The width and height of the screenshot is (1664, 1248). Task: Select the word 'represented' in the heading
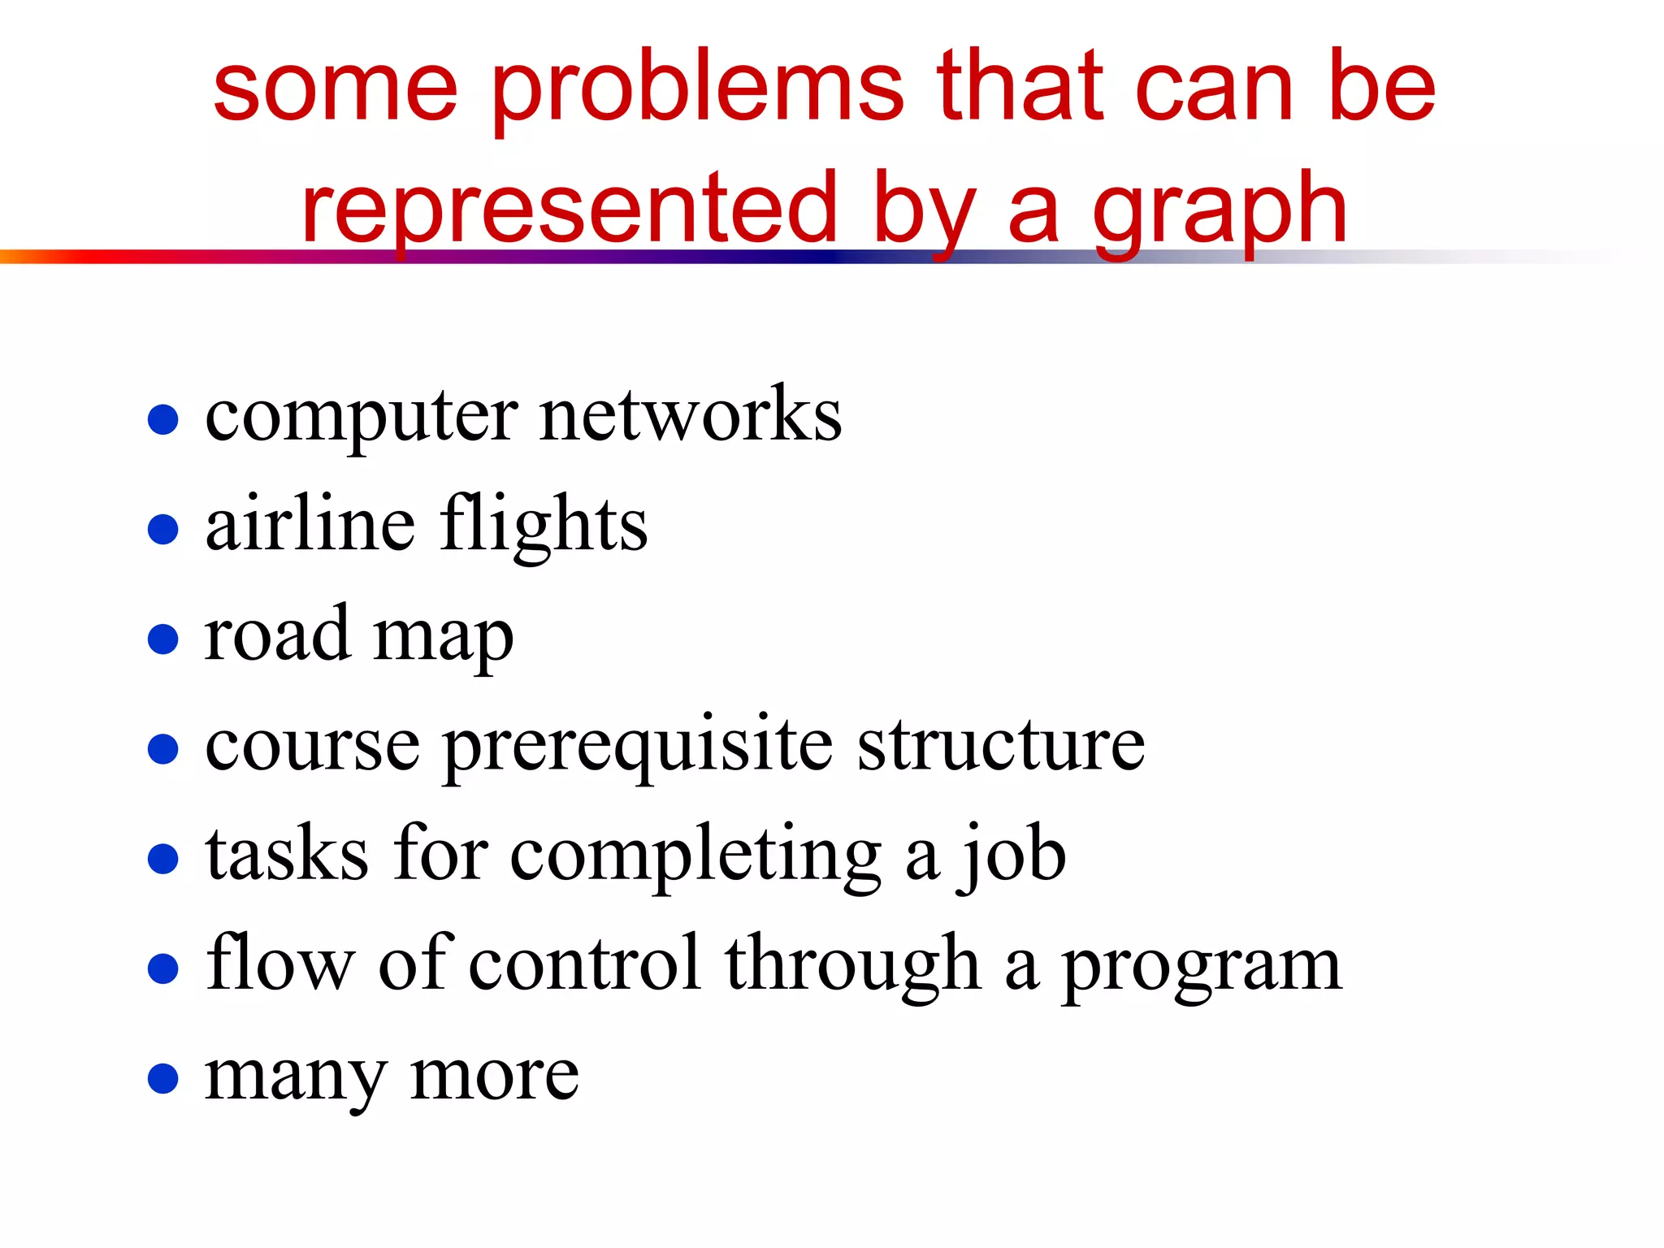coord(569,210)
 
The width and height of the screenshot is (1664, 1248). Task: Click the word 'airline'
coord(310,524)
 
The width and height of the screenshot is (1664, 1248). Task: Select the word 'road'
coord(277,635)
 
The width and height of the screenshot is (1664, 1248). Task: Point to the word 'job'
coord(1012,856)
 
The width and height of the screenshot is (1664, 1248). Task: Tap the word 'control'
coord(585,964)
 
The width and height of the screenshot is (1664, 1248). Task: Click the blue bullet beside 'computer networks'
coord(163,420)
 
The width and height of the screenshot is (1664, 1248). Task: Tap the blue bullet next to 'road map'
coord(163,639)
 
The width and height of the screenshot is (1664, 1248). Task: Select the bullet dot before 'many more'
coord(163,1079)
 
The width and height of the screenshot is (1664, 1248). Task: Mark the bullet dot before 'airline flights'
coord(163,530)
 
